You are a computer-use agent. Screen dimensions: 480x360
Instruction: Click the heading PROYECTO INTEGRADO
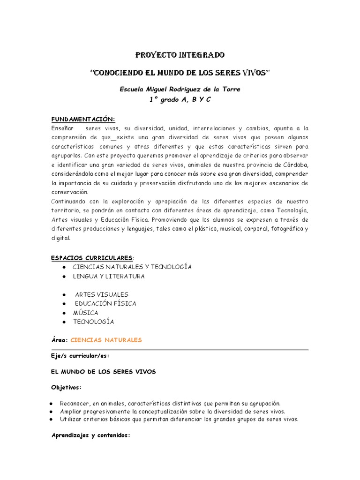(180, 55)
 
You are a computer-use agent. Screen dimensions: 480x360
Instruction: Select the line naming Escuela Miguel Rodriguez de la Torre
(180, 90)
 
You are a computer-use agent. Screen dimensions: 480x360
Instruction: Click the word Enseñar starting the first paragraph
(61, 128)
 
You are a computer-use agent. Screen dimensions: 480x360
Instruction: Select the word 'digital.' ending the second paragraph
(60, 238)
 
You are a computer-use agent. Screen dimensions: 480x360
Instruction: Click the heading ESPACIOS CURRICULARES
(91, 257)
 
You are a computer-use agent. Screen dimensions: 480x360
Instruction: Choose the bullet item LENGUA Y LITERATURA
(109, 276)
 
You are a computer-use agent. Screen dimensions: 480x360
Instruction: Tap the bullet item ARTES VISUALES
(102, 294)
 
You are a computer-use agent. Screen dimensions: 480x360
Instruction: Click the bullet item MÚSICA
(85, 312)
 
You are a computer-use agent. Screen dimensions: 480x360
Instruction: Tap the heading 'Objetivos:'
(66, 388)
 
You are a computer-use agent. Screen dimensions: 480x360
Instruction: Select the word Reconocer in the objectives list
(75, 403)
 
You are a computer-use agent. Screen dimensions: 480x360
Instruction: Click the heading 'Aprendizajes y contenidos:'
(90, 435)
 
